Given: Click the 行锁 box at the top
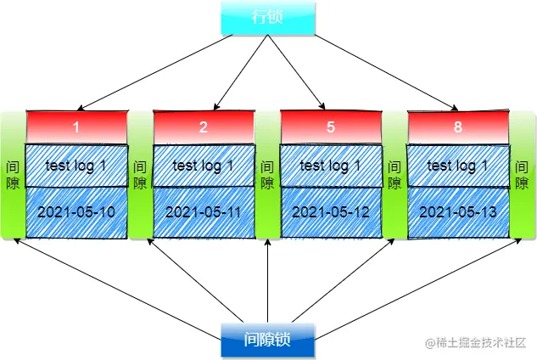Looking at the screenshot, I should click(x=268, y=19).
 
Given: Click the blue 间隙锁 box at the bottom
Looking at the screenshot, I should click(x=268, y=340).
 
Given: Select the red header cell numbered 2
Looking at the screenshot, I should click(x=204, y=127).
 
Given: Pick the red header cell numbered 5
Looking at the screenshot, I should click(x=331, y=127).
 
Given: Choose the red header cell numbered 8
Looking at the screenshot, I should click(x=458, y=127).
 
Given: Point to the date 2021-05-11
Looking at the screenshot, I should click(x=204, y=211).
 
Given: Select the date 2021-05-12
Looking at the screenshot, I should click(x=331, y=211).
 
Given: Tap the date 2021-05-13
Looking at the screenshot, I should click(x=458, y=211).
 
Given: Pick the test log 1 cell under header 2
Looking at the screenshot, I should click(x=204, y=166).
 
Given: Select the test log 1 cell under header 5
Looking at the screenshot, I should click(x=331, y=166).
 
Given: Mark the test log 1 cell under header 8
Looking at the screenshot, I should click(x=458, y=166).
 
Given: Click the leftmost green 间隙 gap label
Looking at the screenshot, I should click(x=13, y=174).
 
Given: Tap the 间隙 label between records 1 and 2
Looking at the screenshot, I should click(x=141, y=174).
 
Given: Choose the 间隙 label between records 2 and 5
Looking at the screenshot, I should click(x=267, y=174).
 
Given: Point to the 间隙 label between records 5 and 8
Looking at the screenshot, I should click(x=394, y=174).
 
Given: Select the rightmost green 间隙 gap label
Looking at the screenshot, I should click(x=521, y=174).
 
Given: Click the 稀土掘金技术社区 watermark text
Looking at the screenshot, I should click(x=480, y=341).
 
